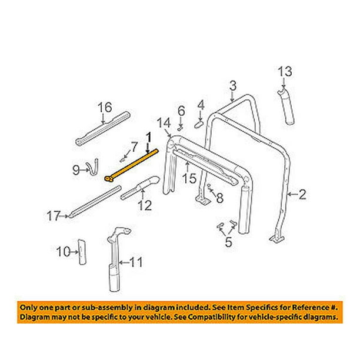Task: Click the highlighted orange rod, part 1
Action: pyautogui.click(x=132, y=164)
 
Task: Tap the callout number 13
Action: pyautogui.click(x=285, y=71)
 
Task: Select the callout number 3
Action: pyautogui.click(x=232, y=86)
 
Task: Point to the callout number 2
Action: pyautogui.click(x=302, y=195)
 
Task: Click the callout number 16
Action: pyautogui.click(x=105, y=107)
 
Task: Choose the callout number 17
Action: pyautogui.click(x=54, y=216)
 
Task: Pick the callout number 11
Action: pyautogui.click(x=136, y=262)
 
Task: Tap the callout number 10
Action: pyautogui.click(x=63, y=252)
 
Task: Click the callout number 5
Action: pyautogui.click(x=228, y=242)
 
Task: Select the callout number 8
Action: pyautogui.click(x=220, y=198)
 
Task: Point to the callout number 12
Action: pyautogui.click(x=145, y=205)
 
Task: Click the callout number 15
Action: pyautogui.click(x=189, y=178)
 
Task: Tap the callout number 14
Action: pyautogui.click(x=164, y=123)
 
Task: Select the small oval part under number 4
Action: pyautogui.click(x=199, y=125)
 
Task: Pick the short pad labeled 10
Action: pyautogui.click(x=82, y=252)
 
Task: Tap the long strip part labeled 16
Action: pyautogui.click(x=102, y=128)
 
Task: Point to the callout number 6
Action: pyautogui.click(x=181, y=111)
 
